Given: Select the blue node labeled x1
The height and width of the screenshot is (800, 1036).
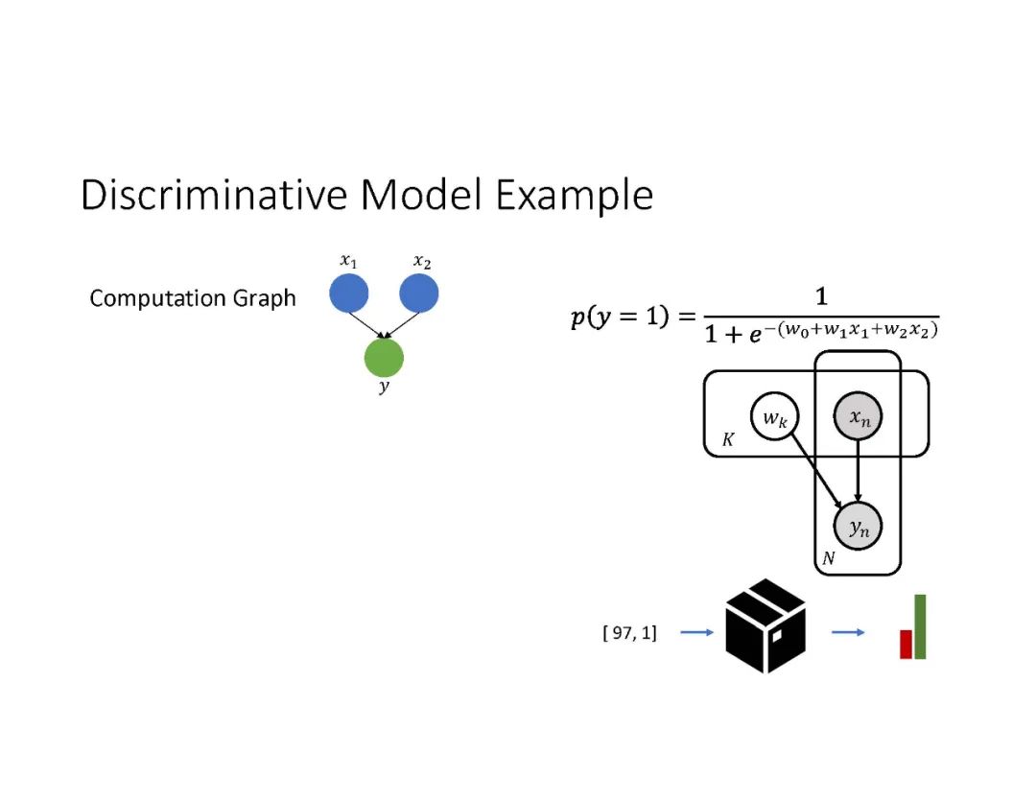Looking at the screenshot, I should tap(349, 293).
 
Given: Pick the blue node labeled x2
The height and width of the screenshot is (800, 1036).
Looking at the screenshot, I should tap(418, 293).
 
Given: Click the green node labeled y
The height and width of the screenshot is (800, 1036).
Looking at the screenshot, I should tap(384, 358).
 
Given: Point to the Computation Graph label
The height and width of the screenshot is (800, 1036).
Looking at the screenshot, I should tap(193, 298).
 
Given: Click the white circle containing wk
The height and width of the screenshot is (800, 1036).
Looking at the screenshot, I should tap(776, 418).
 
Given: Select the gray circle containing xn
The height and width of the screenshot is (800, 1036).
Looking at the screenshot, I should tap(858, 418).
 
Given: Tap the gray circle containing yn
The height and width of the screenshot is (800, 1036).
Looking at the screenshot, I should tap(858, 526).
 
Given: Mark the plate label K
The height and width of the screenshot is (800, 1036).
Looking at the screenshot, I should tap(727, 442).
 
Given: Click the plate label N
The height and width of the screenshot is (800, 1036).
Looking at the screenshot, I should tap(829, 558).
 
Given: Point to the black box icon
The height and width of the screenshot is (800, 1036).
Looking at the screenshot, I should tap(765, 625).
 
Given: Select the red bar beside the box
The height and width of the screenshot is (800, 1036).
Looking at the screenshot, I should tap(905, 644).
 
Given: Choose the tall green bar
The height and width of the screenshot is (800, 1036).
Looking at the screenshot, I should tap(920, 626).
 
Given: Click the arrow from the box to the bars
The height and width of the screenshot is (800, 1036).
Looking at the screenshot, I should tap(847, 633).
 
